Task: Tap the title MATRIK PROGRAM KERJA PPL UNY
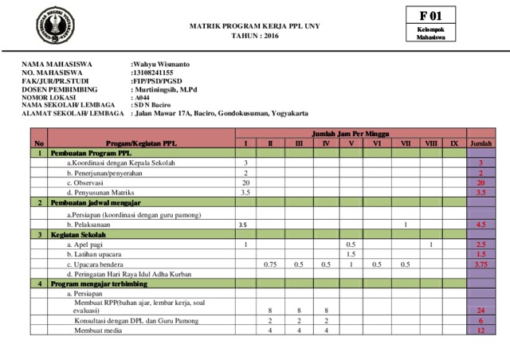pyautogui.click(x=255, y=26)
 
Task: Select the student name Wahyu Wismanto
pyautogui.click(x=160, y=63)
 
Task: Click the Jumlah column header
pyautogui.click(x=481, y=143)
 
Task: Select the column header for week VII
pyautogui.click(x=406, y=143)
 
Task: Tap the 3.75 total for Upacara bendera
pyautogui.click(x=481, y=264)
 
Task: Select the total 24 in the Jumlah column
pyautogui.click(x=481, y=310)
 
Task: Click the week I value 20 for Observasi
pyautogui.click(x=245, y=182)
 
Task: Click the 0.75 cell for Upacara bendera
pyautogui.click(x=270, y=264)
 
